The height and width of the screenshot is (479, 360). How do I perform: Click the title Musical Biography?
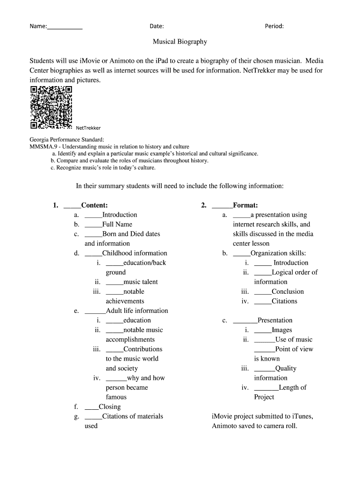coord(180,42)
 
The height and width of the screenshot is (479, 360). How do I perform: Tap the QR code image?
coord(51,107)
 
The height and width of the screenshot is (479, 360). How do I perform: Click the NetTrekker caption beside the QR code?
coord(88,128)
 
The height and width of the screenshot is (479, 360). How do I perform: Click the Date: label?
coord(157,26)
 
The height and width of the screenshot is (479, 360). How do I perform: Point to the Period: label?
coord(274,26)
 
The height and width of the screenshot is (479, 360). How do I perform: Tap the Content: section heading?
coord(94,205)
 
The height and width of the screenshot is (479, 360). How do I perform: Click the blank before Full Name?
coord(93,225)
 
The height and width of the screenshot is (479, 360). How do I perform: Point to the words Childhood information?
coord(135,253)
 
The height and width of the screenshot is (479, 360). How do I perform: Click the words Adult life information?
coord(137,311)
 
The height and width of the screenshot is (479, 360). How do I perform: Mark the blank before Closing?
coord(91,407)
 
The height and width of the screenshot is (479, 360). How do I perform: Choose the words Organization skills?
coord(279,253)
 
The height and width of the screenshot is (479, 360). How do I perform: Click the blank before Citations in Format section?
coord(262,301)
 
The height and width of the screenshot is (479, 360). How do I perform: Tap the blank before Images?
coord(262,330)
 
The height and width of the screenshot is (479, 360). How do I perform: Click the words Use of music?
coord(294,340)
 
